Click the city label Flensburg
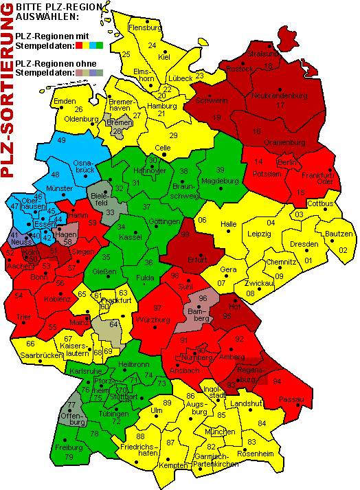click(x=144, y=28)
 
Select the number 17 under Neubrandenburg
click(x=280, y=105)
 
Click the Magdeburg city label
click(x=219, y=181)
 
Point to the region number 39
click(x=220, y=170)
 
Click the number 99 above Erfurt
click(x=184, y=235)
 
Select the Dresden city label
click(x=304, y=245)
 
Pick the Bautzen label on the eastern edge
click(x=339, y=234)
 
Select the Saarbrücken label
click(x=41, y=355)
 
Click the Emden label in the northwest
click(x=65, y=102)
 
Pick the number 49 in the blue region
click(x=61, y=140)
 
